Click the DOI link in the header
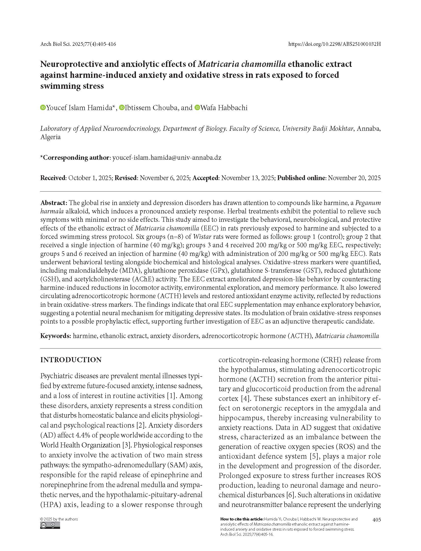[x=334, y=44]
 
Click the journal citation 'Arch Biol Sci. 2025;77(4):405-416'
[x=78, y=44]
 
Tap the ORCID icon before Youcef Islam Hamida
[x=43, y=108]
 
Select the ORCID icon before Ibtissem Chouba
[x=122, y=108]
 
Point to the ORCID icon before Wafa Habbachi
[x=197, y=108]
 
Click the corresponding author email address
[x=167, y=157]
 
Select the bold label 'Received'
[x=53, y=178]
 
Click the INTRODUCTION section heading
[x=71, y=360]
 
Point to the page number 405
[x=376, y=519]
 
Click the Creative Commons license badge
[x=50, y=525]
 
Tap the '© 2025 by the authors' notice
[x=59, y=519]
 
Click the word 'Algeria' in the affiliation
[x=50, y=137]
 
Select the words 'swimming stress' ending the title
[x=72, y=86]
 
